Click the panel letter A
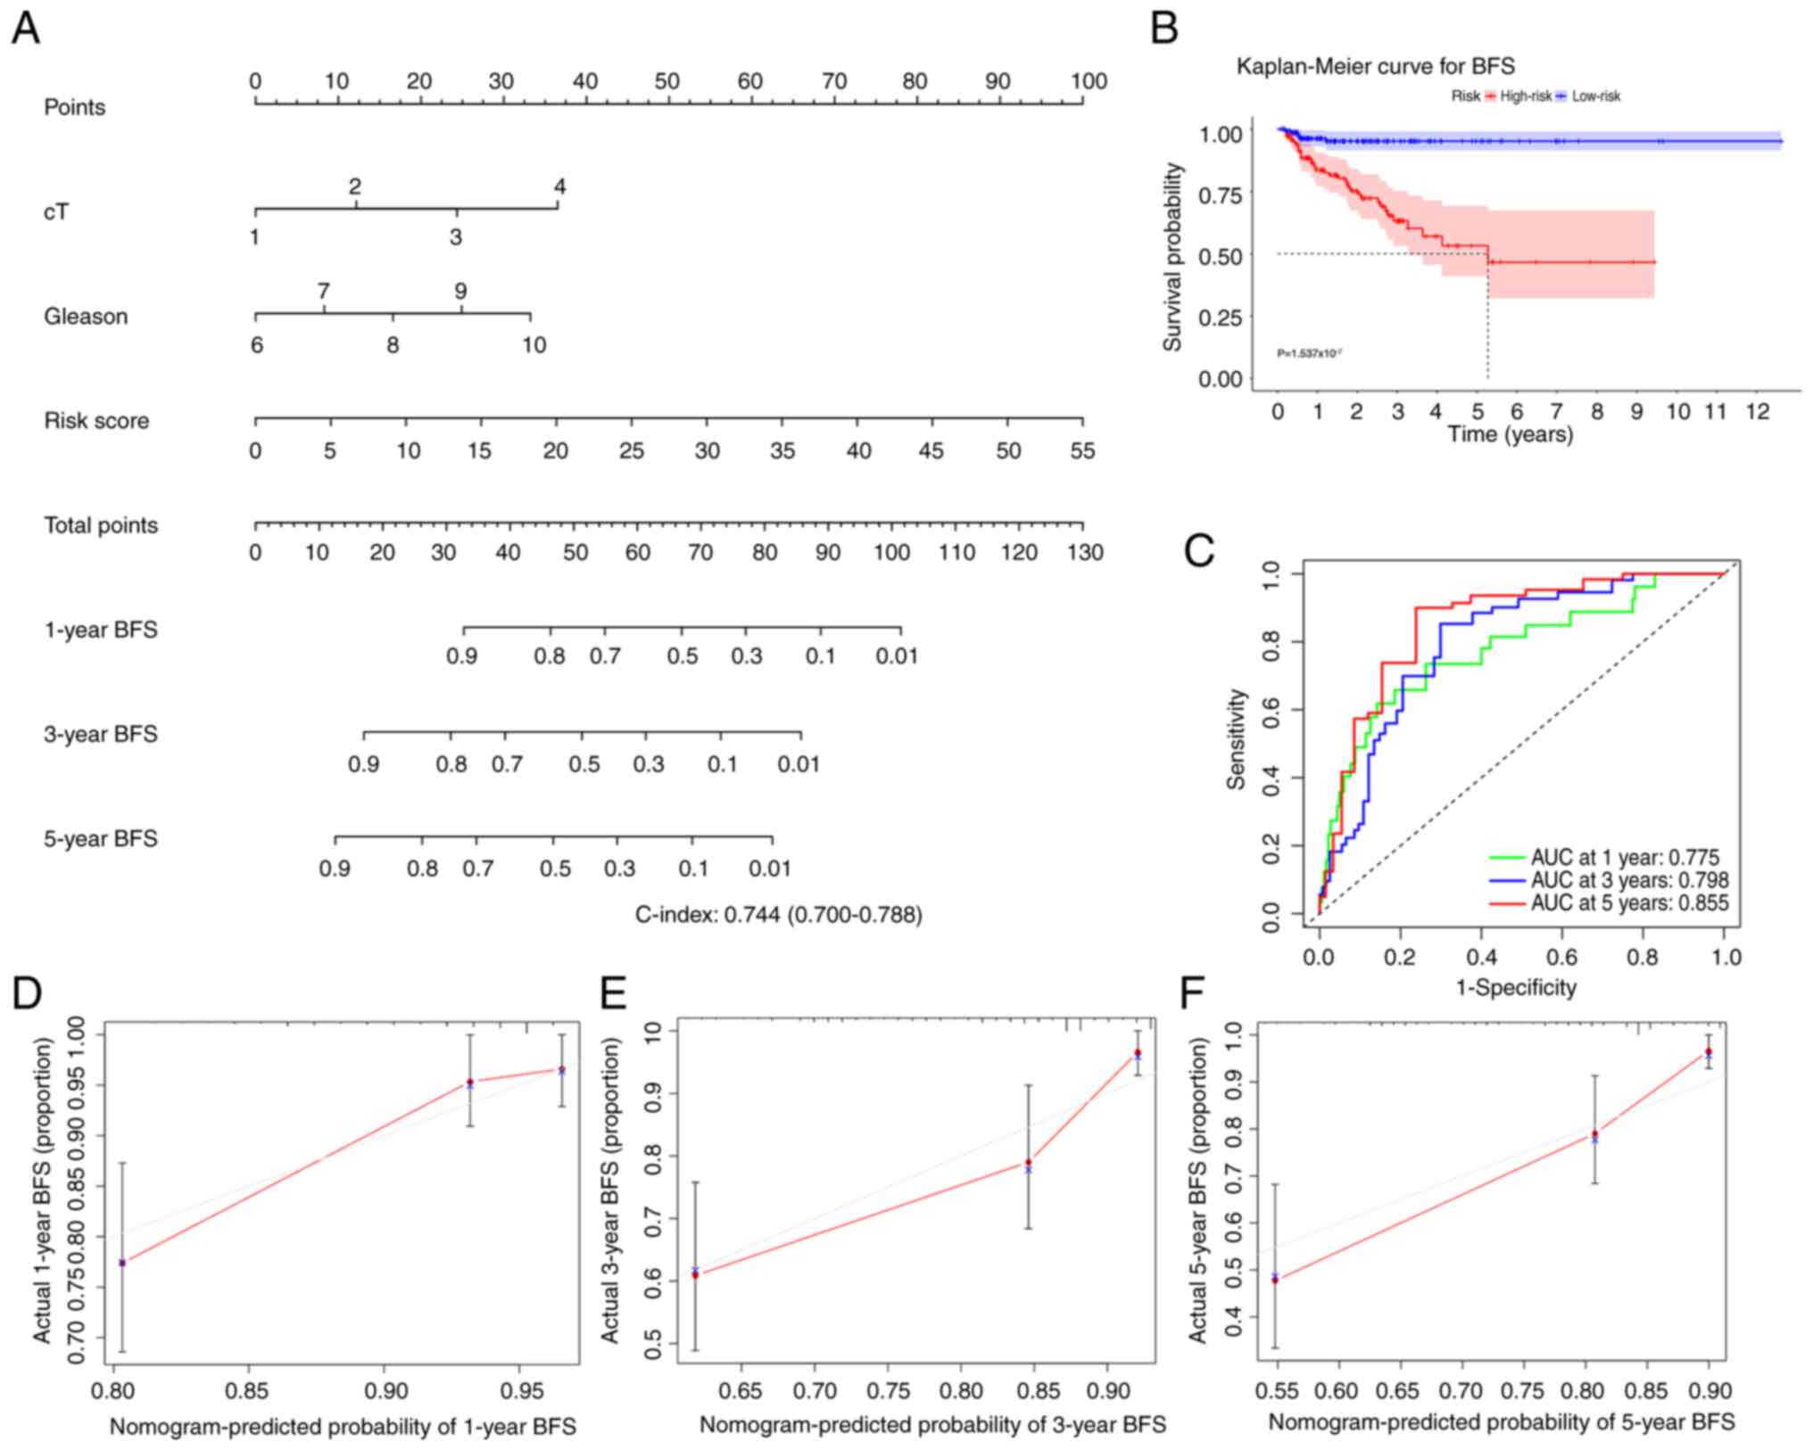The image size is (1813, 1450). [x=26, y=29]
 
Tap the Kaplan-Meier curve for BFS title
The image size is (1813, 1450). [x=1375, y=66]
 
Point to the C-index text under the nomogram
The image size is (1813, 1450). [x=778, y=914]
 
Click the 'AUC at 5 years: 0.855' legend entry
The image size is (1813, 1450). [x=1629, y=903]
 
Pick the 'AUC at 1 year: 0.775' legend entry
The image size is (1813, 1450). [x=1624, y=858]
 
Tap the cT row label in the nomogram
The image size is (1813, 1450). [x=56, y=212]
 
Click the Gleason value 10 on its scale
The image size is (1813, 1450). [x=534, y=345]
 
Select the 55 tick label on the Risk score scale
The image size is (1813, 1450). [x=1082, y=451]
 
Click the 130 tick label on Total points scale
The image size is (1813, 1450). [x=1085, y=553]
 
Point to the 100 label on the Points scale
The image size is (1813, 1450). [x=1089, y=82]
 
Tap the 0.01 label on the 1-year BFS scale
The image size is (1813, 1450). [x=896, y=657]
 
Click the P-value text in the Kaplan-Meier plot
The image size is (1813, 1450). [x=1310, y=354]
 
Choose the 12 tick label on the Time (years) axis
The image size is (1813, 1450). [x=1756, y=411]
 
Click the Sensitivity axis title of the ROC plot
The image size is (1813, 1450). [x=1236, y=738]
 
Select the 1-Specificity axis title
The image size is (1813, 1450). [x=1517, y=987]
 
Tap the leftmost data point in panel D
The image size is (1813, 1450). [x=122, y=1263]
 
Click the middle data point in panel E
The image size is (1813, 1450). [x=1029, y=1163]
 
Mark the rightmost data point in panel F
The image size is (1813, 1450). [x=1708, y=1052]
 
